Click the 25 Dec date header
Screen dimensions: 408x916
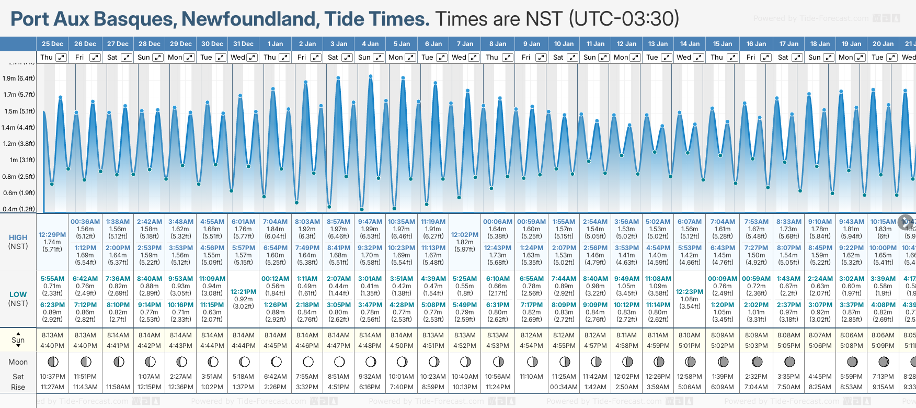[52, 44]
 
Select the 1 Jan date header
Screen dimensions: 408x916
[275, 44]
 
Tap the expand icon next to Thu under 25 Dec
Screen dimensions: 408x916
[61, 58]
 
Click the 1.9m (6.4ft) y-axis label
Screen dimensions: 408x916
[18, 78]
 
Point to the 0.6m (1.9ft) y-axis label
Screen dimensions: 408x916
[18, 192]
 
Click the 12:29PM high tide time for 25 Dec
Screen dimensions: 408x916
[52, 235]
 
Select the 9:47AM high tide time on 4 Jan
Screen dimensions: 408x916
[370, 222]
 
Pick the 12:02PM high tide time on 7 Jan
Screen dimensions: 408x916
[465, 235]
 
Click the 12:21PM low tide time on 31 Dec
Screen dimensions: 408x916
[244, 292]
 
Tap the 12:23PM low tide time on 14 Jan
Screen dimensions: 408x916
[690, 292]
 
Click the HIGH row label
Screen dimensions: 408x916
[18, 237]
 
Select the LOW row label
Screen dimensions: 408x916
[18, 294]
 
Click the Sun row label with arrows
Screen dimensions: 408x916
[18, 340]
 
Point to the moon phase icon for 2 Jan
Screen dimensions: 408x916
[308, 361]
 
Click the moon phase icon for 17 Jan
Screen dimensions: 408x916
[789, 361]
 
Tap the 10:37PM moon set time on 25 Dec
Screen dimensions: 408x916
[52, 377]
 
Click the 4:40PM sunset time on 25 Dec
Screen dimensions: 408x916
[52, 346]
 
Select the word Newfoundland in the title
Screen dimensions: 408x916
[250, 19]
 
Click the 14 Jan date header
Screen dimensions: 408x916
[691, 44]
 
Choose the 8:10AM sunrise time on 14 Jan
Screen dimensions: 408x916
[690, 335]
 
